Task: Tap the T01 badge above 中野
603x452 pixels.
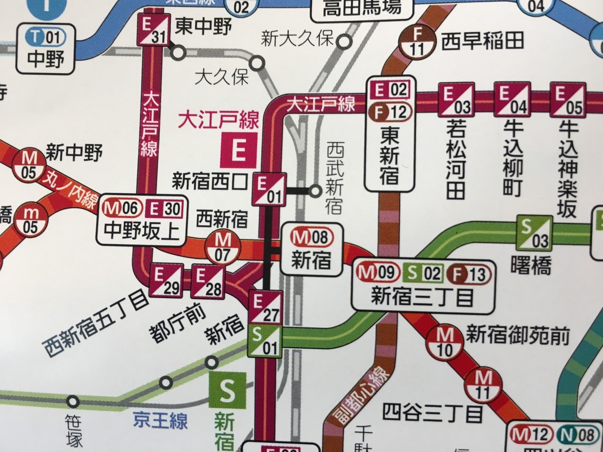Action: tap(47, 37)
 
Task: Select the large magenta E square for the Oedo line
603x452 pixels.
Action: tap(239, 150)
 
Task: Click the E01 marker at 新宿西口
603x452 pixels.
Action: tap(269, 189)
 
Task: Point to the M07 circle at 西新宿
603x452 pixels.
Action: tap(223, 247)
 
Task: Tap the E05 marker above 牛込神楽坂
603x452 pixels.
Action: tap(567, 100)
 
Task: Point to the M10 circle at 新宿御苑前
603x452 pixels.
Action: tap(444, 342)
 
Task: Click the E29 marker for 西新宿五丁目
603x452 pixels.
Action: tap(165, 280)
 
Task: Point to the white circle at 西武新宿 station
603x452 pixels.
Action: tap(315, 191)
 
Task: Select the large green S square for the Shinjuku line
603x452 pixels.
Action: tap(227, 390)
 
